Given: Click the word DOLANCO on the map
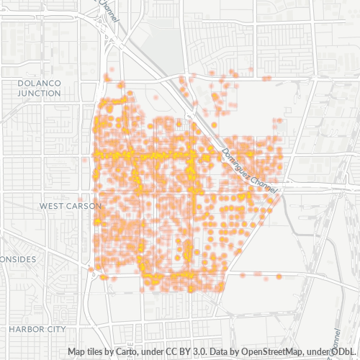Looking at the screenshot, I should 38,84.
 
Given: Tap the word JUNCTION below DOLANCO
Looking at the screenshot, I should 38,93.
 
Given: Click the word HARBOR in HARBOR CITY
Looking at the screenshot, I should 27,328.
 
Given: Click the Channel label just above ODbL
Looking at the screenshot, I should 336,339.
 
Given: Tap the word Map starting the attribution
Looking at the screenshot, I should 76,351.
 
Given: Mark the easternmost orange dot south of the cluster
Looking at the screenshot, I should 278,276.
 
